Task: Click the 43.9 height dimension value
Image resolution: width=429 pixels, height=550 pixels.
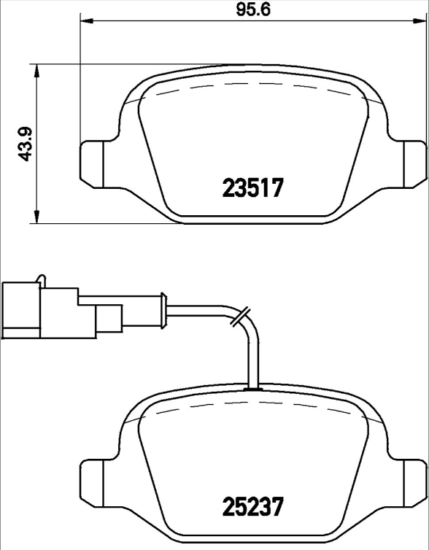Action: [25, 144]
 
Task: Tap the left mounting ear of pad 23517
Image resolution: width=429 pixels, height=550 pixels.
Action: [91, 162]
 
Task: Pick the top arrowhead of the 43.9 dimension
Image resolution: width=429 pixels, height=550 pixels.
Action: [36, 69]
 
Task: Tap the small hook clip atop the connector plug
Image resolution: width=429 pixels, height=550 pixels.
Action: [42, 279]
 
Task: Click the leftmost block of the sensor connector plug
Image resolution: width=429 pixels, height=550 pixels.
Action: [21, 311]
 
